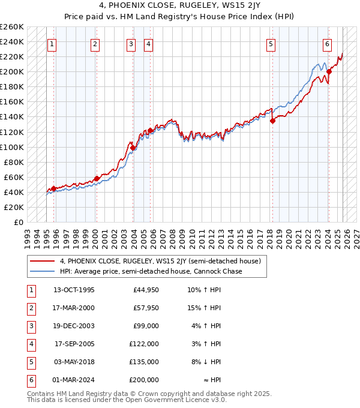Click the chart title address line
[179, 7]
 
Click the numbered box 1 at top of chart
[52, 44]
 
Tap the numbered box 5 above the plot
[271, 44]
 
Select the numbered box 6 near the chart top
[327, 44]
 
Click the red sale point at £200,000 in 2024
[329, 72]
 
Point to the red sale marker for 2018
[272, 121]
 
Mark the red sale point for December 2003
[133, 148]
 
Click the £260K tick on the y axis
[12, 27]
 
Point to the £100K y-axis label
[12, 147]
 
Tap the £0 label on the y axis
[18, 222]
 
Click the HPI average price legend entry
[151, 271]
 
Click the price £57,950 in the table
[146, 308]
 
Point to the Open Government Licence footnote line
[127, 400]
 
